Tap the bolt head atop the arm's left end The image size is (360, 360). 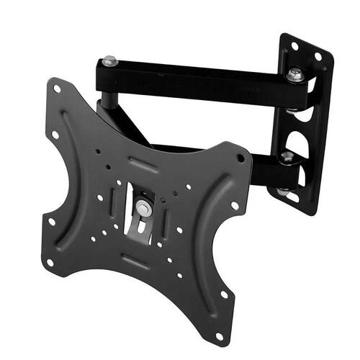coord(109,62)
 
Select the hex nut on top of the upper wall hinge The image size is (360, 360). coord(294,73)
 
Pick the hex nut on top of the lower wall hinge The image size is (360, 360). coord(287,156)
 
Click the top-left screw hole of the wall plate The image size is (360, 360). coord(294,45)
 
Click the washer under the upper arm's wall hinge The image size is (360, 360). coord(292,109)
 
